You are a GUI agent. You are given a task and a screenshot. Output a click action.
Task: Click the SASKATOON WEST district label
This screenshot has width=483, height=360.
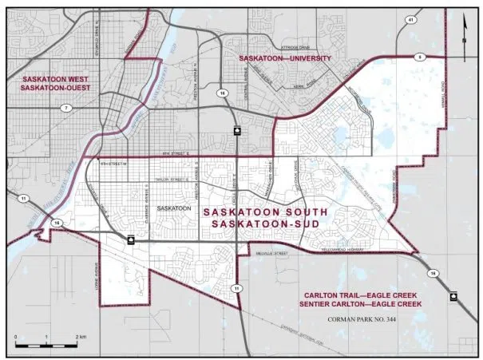[x=55, y=81]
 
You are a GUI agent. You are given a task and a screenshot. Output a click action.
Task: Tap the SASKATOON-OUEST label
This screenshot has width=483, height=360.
[x=55, y=89]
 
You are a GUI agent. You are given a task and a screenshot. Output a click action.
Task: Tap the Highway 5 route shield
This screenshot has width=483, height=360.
[x=418, y=57]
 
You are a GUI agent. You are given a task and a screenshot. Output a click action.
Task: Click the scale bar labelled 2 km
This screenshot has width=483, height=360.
[x=47, y=346]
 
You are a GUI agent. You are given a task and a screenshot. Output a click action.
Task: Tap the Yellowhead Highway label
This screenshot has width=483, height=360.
[x=373, y=246]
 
